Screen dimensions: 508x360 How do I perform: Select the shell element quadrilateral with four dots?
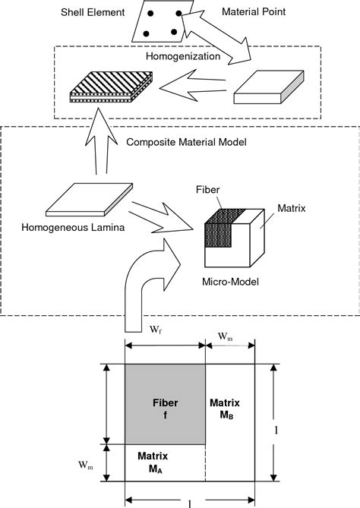click(161, 21)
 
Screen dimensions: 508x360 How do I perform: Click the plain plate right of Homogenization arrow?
click(267, 89)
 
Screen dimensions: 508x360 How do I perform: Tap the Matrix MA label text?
click(153, 462)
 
